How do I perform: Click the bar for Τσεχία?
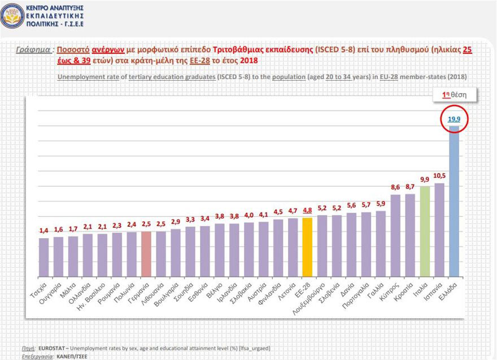[44, 258]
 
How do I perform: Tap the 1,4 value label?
[44, 231]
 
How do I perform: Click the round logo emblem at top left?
[12, 16]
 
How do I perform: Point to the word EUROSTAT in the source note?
[50, 349]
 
